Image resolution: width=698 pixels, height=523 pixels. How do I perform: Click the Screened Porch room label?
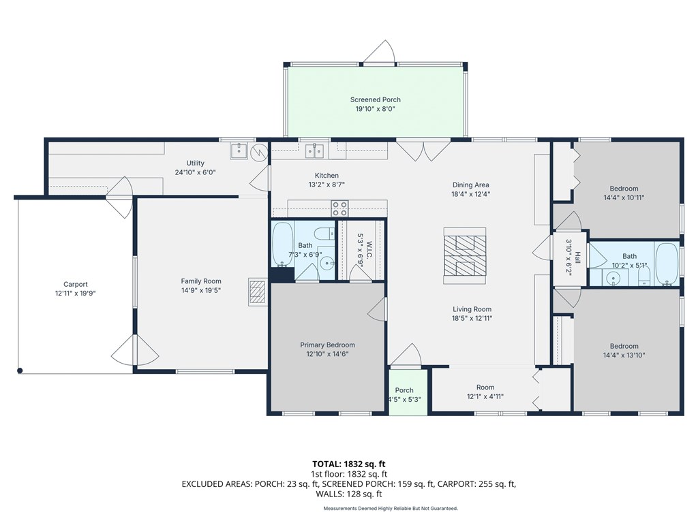[x=376, y=99]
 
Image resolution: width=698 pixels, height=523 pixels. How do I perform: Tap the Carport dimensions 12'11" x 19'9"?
[x=76, y=294]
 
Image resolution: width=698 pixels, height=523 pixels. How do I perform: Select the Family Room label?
[x=201, y=281]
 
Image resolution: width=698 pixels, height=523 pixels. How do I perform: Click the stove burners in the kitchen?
[x=339, y=208]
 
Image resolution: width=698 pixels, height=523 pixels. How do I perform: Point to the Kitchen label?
[x=327, y=176]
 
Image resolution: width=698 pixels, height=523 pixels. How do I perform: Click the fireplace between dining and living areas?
[x=465, y=255]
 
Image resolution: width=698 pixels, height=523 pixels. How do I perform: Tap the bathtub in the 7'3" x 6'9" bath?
[x=283, y=244]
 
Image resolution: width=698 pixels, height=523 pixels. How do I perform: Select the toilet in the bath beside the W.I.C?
[x=324, y=233]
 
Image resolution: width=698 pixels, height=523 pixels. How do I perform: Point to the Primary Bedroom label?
[x=328, y=345]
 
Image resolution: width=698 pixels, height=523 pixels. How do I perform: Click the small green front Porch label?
[x=404, y=390]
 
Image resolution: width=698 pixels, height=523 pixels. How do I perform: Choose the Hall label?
[x=577, y=257]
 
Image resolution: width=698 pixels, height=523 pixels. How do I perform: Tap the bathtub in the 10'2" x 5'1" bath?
[x=667, y=264]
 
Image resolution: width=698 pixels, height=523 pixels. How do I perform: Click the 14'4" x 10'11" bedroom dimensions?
[x=624, y=198]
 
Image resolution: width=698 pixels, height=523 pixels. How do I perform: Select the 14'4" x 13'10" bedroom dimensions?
[x=624, y=355]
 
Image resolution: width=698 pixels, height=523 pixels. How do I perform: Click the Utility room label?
[x=196, y=163]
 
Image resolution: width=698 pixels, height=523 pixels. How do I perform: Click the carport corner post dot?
[x=20, y=370]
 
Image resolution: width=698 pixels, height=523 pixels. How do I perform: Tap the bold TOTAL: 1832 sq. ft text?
[x=348, y=464]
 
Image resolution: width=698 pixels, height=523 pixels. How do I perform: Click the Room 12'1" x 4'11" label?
[x=485, y=387]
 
